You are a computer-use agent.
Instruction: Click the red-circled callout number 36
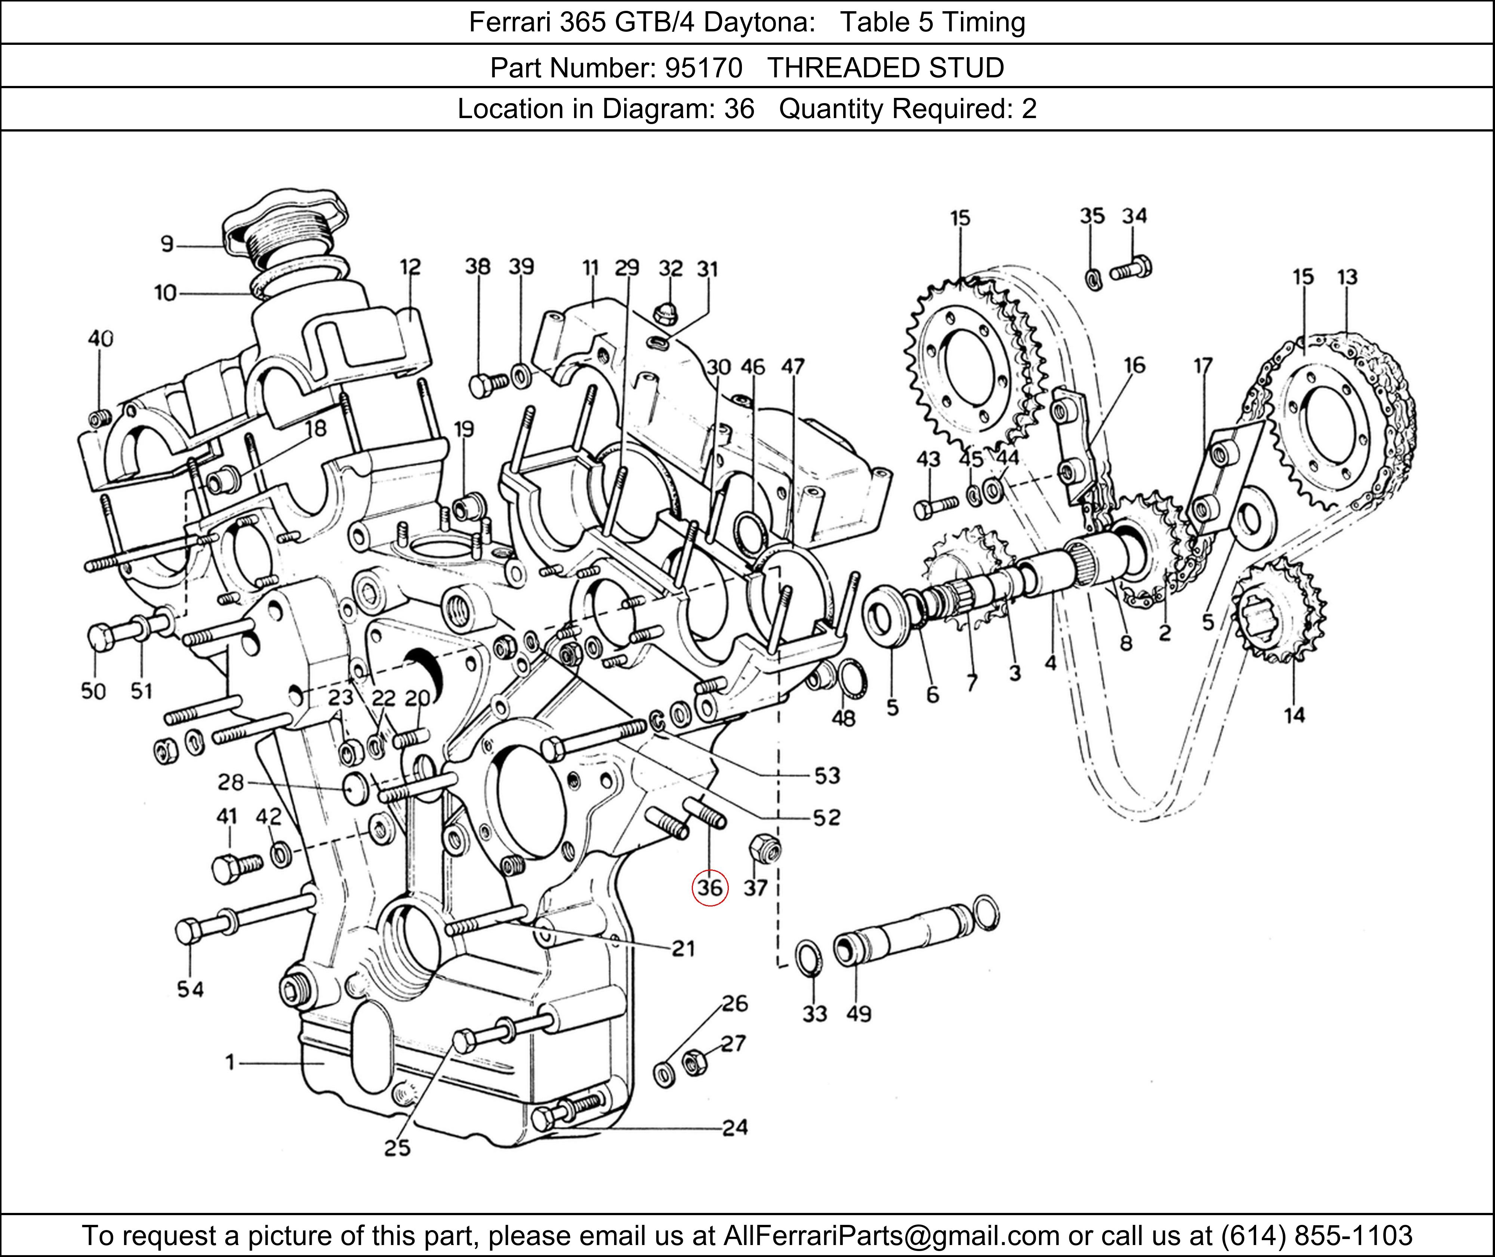point(710,888)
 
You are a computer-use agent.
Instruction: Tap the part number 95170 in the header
point(703,68)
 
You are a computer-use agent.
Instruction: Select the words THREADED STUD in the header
point(885,68)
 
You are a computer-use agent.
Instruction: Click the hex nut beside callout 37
point(765,848)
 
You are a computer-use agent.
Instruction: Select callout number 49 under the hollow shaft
point(859,1013)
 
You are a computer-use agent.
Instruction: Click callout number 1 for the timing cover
point(229,1062)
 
